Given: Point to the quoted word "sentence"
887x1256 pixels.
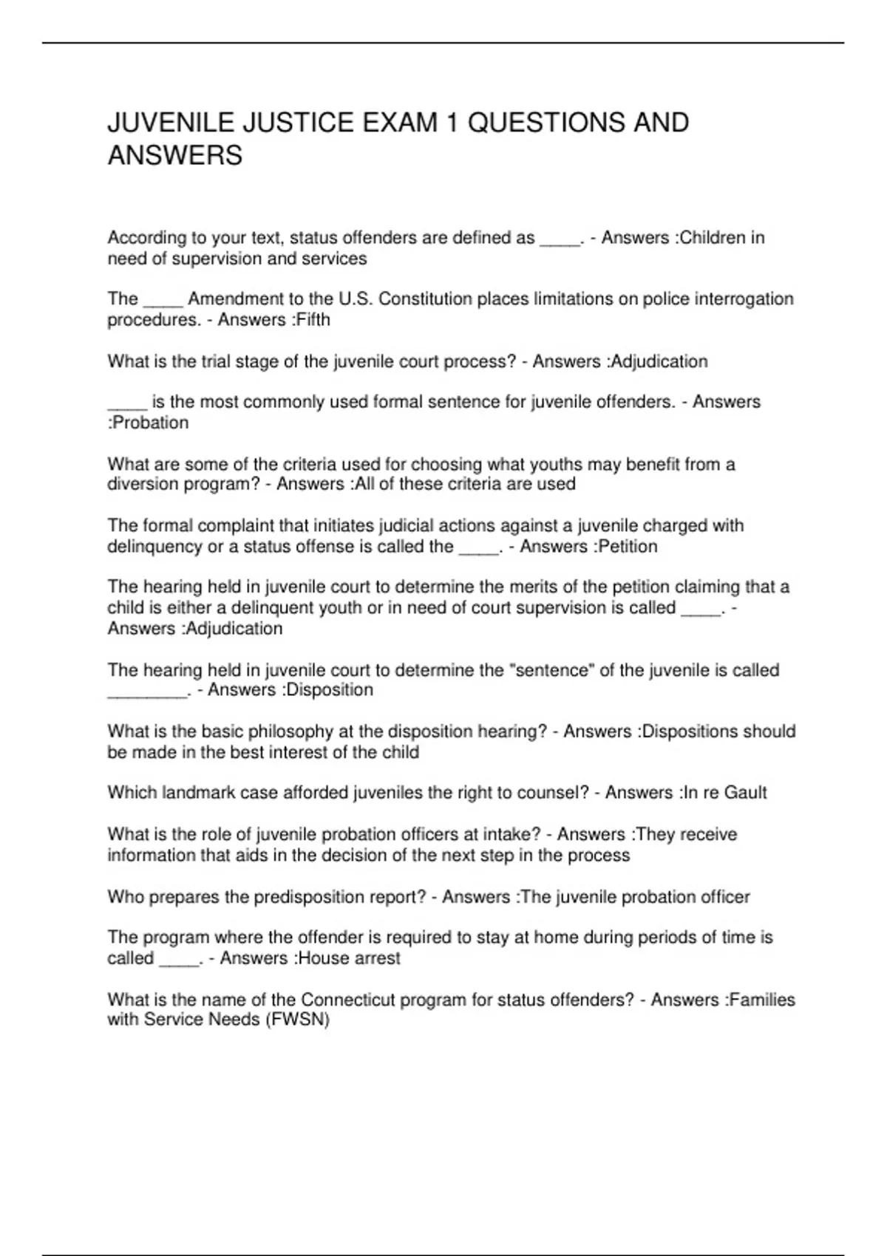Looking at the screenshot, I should [x=551, y=670].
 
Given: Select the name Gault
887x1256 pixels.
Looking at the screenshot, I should [x=745, y=793].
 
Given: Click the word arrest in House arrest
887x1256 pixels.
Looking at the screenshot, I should [x=376, y=958].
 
